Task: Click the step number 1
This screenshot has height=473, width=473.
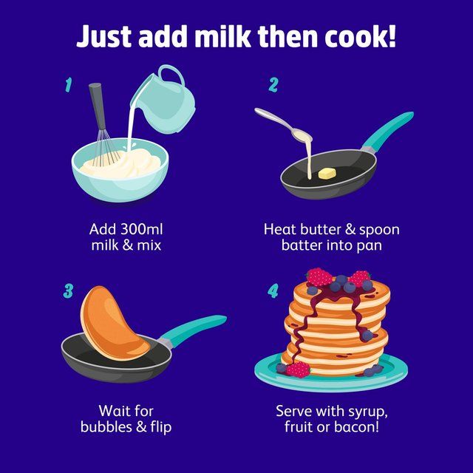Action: click(x=68, y=86)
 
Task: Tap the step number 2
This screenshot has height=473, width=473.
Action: click(x=273, y=86)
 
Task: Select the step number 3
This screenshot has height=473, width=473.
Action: click(x=68, y=290)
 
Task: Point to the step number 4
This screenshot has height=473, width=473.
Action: click(x=273, y=290)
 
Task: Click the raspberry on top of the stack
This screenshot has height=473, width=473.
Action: click(x=319, y=277)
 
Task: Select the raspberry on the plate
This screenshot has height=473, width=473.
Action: click(x=296, y=370)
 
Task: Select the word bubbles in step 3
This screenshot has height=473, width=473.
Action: click(x=111, y=427)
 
